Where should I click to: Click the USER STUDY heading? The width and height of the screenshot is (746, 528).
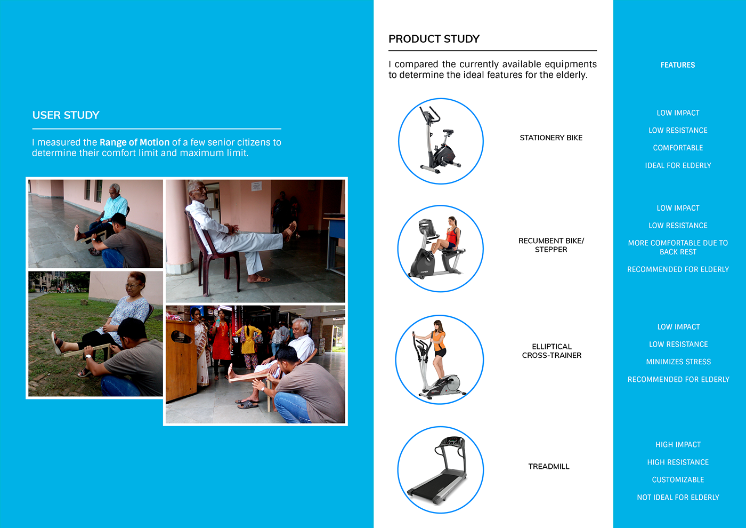(66, 115)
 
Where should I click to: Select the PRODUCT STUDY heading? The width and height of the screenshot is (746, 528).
(434, 38)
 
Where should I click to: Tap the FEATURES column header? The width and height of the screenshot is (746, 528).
(678, 65)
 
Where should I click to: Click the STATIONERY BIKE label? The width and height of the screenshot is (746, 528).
(551, 138)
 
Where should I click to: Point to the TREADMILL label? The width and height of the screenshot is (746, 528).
(548, 466)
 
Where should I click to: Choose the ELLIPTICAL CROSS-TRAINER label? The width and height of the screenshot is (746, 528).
(552, 351)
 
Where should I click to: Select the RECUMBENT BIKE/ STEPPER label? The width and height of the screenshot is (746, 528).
(551, 245)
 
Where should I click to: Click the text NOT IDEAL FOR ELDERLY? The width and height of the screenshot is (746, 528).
(678, 497)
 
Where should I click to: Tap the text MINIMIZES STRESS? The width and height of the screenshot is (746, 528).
(678, 362)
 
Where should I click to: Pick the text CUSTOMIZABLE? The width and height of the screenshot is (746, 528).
(678, 479)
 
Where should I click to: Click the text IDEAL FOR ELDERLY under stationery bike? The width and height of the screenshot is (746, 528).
(678, 165)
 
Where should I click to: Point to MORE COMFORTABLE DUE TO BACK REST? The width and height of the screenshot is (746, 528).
(678, 247)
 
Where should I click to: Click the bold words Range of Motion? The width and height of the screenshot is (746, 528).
(134, 142)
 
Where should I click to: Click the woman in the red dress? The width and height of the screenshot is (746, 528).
(221, 343)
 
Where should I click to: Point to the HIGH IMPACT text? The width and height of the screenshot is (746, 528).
(678, 445)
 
